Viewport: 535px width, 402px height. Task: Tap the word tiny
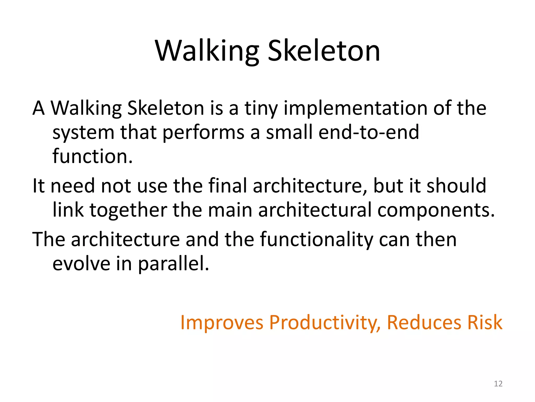pyautogui.click(x=261, y=108)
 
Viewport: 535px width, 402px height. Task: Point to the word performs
pyautogui.click(x=203, y=132)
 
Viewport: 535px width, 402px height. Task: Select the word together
pyautogui.click(x=128, y=210)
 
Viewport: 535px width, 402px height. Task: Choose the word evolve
pyautogui.click(x=81, y=264)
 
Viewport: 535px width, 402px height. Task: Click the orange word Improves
pyautogui.click(x=222, y=323)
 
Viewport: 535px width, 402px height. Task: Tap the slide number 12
pyautogui.click(x=498, y=384)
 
